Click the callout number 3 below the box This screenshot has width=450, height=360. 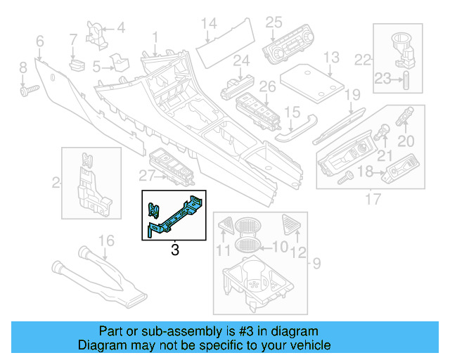click(x=175, y=250)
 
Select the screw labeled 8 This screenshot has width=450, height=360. click(x=29, y=90)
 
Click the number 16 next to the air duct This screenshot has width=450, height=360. click(x=105, y=241)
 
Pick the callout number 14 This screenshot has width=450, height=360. click(x=209, y=25)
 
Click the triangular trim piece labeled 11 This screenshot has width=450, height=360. click(x=226, y=225)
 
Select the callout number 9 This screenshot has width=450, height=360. click(x=316, y=264)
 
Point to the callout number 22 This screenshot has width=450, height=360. click(x=363, y=59)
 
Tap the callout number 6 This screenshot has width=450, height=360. click(x=39, y=42)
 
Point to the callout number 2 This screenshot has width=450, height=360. click(x=56, y=184)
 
